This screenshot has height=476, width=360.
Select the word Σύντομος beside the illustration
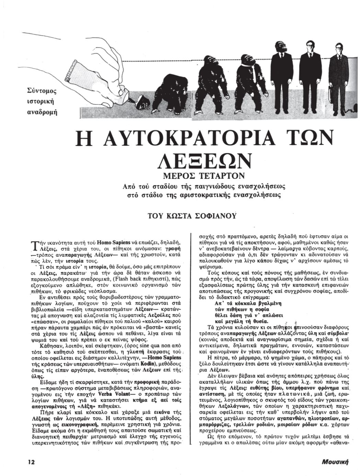pos(42,91)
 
